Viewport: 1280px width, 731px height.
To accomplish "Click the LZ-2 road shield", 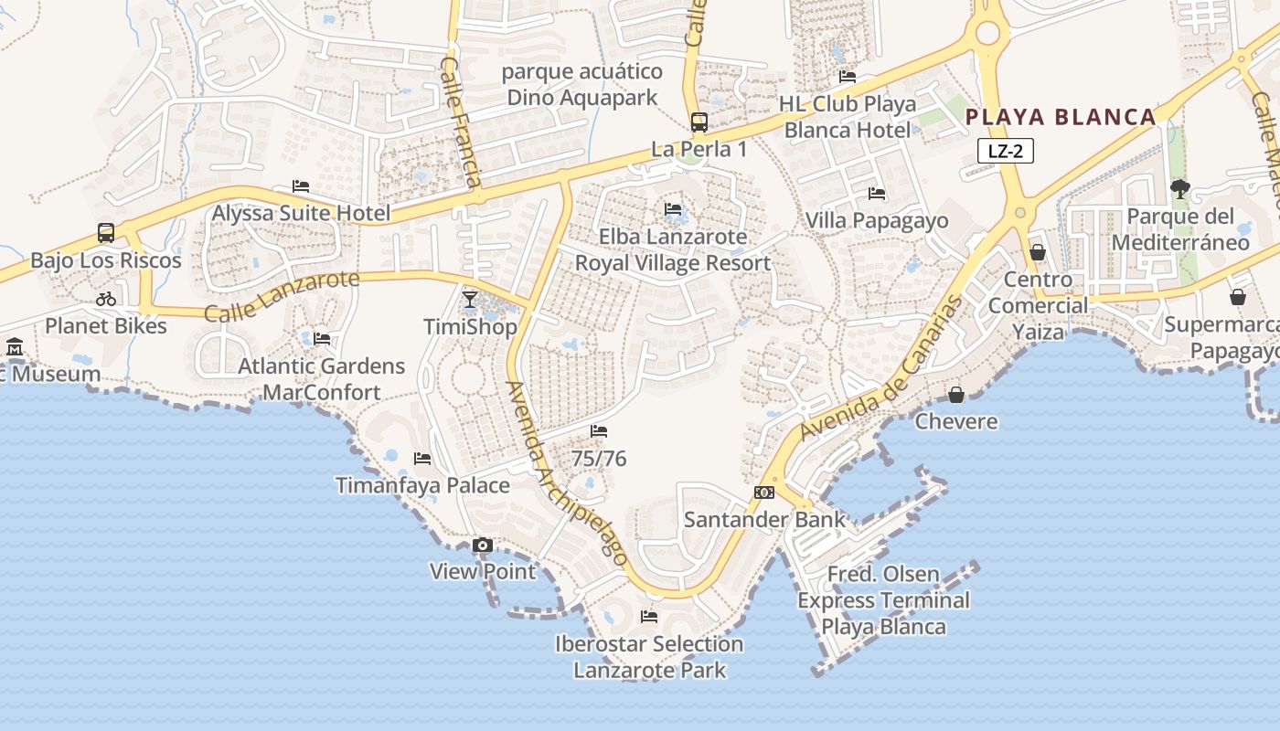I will pos(1005,151).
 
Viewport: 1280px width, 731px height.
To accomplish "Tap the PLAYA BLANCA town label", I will pos(1061,117).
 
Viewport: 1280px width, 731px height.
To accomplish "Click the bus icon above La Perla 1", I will pos(699,122).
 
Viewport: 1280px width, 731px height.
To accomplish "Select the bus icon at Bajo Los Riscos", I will pos(106,233).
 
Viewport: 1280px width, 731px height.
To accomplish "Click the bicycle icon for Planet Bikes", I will pos(106,299).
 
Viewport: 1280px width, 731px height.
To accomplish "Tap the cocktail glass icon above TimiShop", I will pos(470,299).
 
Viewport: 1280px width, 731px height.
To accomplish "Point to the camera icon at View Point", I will pos(483,546).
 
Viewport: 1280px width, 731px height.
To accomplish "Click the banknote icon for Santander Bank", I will pos(764,493).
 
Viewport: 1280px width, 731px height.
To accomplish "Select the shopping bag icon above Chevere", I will pos(955,395).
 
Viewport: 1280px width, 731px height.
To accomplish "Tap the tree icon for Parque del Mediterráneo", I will pos(1179,189).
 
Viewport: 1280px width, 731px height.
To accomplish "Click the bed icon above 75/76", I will pos(599,431).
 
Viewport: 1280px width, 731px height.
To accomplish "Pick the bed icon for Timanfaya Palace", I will pos(421,458).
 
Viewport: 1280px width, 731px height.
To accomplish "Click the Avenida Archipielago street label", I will pos(567,472).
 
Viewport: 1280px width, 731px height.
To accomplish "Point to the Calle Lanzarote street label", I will pos(282,296).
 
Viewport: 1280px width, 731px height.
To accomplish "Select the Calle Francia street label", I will pos(460,122).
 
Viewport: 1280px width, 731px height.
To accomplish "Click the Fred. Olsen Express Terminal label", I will pos(883,600).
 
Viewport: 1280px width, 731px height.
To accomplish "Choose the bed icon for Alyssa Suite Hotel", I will pos(301,186).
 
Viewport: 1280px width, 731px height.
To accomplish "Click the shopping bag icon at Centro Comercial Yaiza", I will pos(1038,252).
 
